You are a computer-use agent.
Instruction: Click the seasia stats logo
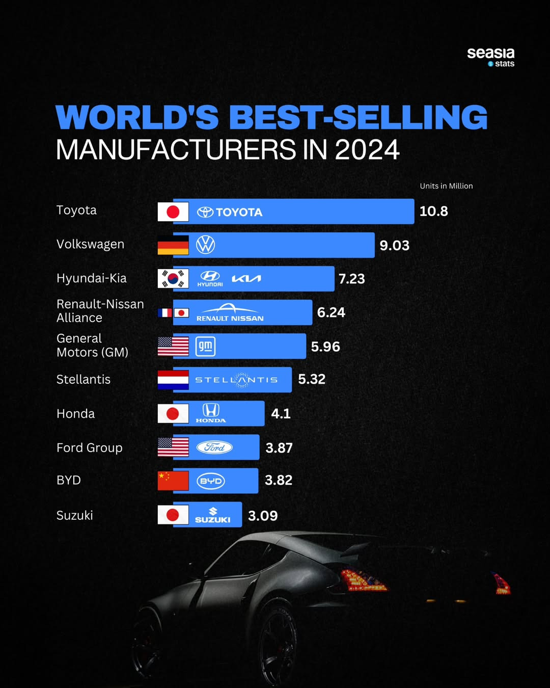[x=490, y=57]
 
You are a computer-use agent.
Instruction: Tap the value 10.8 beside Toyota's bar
[x=433, y=211]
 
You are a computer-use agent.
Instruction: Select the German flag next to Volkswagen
[x=173, y=245]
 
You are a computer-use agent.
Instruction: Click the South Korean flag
[x=173, y=279]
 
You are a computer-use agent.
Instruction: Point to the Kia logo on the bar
[x=246, y=279]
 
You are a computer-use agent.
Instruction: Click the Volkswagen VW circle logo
[x=206, y=245]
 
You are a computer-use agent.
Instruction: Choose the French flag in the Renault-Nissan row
[x=164, y=312]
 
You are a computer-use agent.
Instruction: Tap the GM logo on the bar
[x=206, y=347]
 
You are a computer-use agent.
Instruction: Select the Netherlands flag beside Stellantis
[x=173, y=380]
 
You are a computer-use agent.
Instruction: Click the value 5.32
[x=312, y=380]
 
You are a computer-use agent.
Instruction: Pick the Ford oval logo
[x=214, y=447]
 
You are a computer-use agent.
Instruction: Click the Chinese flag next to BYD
[x=173, y=481]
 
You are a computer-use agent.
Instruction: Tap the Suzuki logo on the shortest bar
[x=213, y=515]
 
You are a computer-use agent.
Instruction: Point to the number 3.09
[x=263, y=516]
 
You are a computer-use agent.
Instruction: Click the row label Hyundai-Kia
[x=92, y=278]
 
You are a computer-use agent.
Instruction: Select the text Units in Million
[x=446, y=186]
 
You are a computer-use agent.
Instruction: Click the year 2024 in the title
[x=367, y=150]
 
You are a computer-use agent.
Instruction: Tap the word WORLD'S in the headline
[x=137, y=118]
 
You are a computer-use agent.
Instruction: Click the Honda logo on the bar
[x=211, y=413]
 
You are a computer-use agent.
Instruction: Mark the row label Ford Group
[x=90, y=448]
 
